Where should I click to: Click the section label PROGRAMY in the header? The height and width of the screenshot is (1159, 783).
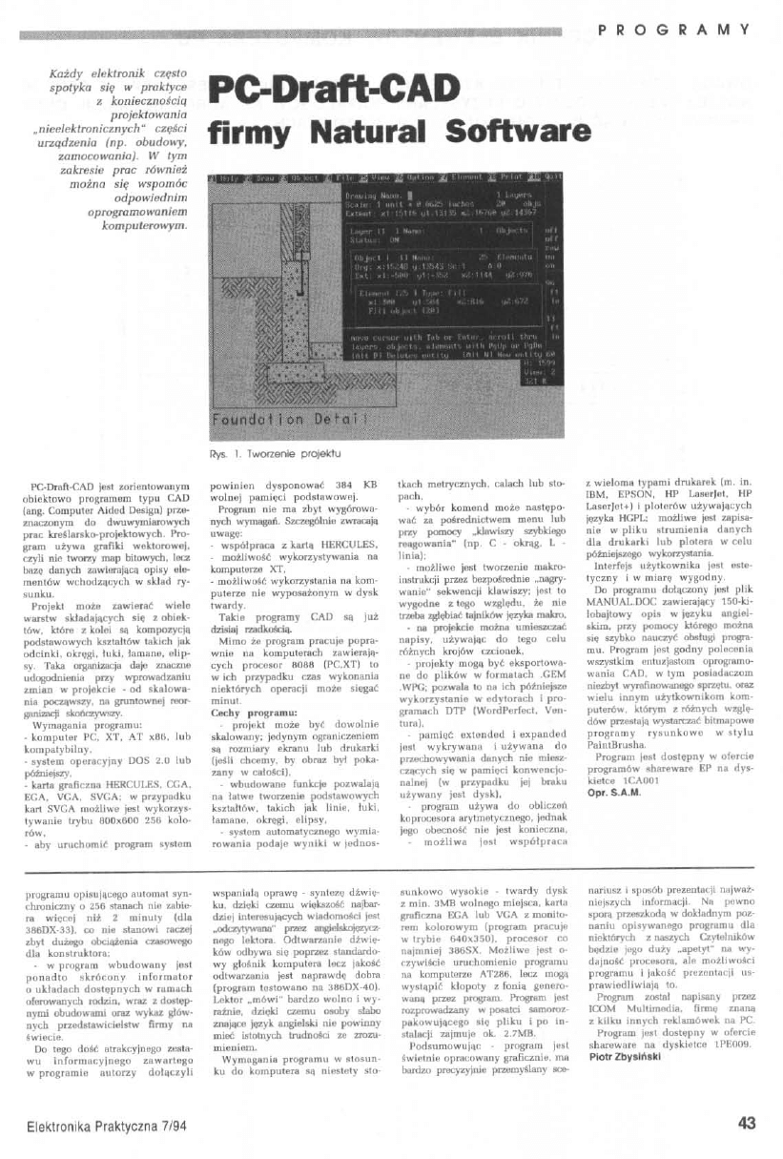[674, 30]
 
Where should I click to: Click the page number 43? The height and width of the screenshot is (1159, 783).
[747, 1123]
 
